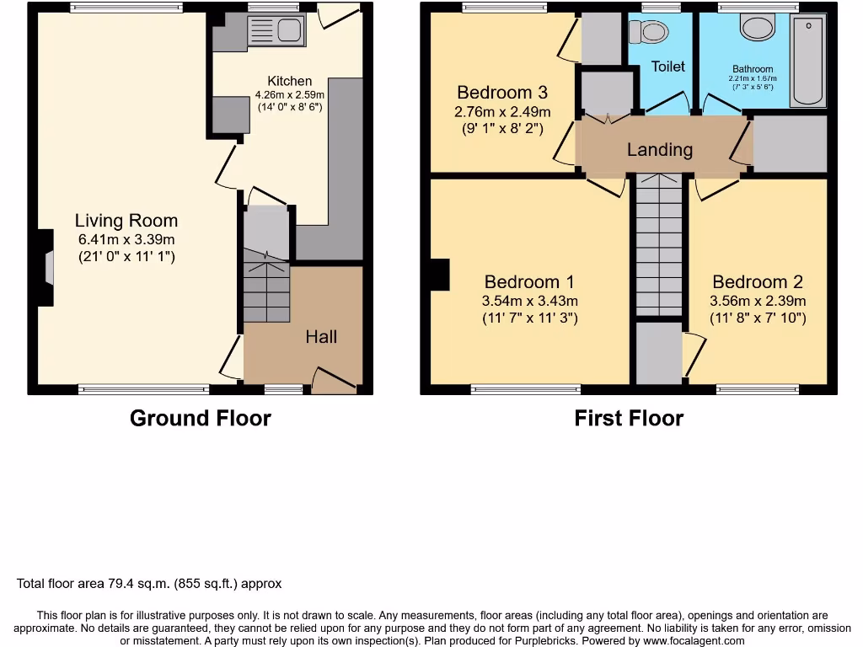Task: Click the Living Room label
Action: (126, 221)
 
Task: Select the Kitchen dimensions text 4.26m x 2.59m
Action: (290, 95)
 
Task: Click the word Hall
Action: (321, 337)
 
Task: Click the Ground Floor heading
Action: (201, 418)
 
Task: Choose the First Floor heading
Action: (629, 418)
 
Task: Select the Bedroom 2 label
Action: (758, 282)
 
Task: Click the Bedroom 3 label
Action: (504, 93)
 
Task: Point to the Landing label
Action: (660, 150)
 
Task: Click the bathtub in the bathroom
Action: (808, 61)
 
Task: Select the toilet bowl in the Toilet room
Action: (650, 32)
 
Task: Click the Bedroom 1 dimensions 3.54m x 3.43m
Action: (528, 301)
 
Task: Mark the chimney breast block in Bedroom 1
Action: (439, 275)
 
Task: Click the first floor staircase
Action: (659, 244)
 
